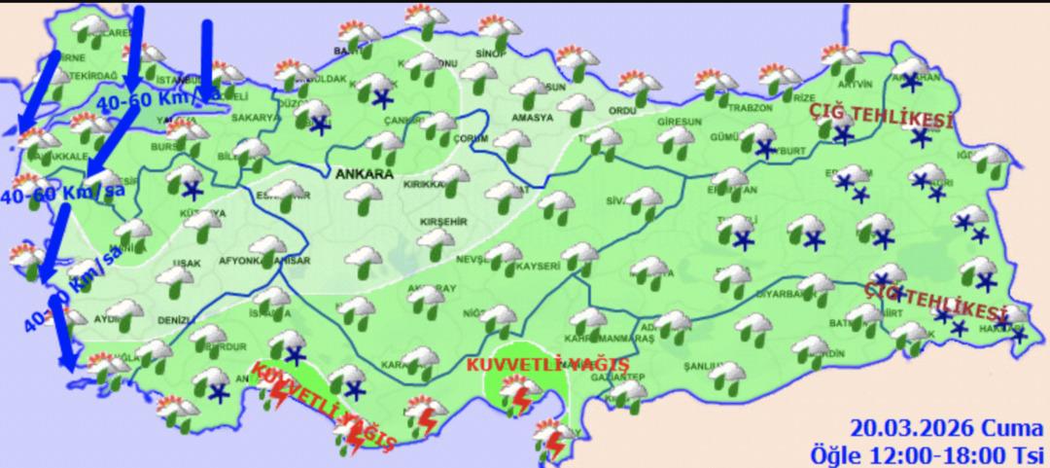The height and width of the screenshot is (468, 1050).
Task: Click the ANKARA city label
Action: coord(365,175)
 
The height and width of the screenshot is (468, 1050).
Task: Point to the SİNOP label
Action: coord(487,54)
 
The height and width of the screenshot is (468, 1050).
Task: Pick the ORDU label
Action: coord(621,111)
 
